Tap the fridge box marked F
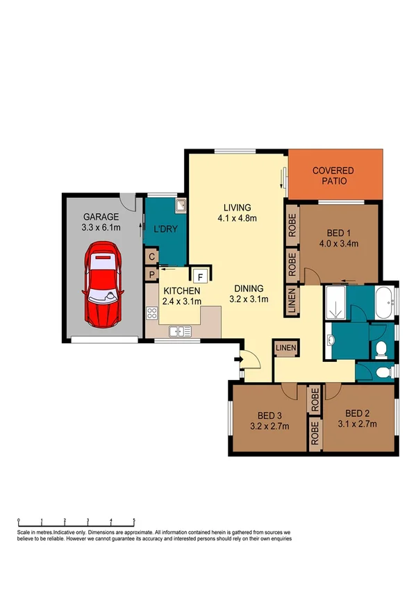pos(197,276)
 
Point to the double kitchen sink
pos(181,331)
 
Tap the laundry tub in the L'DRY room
pos(179,206)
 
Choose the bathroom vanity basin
pos(332,340)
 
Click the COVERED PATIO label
pos(333,176)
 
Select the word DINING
pos(248,289)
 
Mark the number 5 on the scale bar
pos(133,521)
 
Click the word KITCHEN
pos(182,290)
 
